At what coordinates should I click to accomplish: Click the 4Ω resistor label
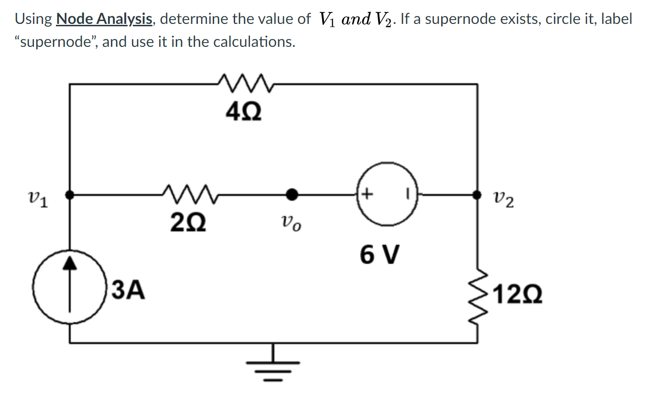point(244,113)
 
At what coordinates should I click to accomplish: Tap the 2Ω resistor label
point(188,222)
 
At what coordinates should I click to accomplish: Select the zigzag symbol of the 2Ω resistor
point(188,193)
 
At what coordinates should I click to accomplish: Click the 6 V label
point(379,254)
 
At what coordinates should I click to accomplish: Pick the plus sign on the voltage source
point(367,194)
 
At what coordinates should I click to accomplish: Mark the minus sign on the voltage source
point(408,195)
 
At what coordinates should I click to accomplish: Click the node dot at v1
point(70,195)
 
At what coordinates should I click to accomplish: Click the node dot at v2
point(477,195)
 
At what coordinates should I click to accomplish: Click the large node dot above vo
point(292,195)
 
